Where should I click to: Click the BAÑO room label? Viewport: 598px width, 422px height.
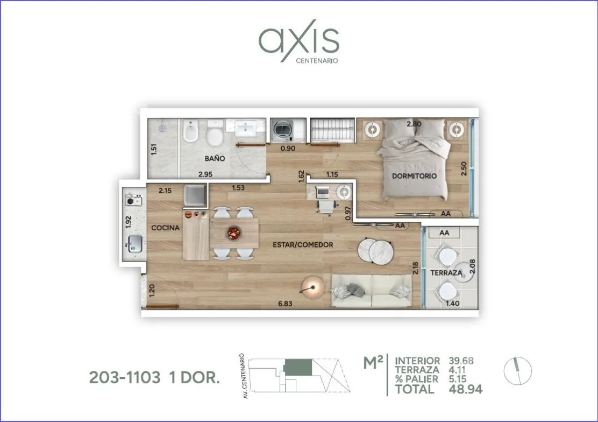tap(215, 158)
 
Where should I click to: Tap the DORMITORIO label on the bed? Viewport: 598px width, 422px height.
tap(414, 176)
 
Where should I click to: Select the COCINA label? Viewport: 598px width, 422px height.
tap(166, 228)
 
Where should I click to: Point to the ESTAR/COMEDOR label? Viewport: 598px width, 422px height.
tap(303, 245)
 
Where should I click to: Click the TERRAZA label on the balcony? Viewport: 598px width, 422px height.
tap(446, 273)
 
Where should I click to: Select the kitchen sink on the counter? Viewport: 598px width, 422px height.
tap(135, 244)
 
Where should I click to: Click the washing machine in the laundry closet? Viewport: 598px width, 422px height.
tap(283, 130)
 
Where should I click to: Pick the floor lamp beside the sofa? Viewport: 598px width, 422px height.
tap(313, 287)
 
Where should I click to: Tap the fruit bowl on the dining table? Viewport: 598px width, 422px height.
tap(234, 233)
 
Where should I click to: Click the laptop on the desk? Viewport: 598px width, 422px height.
tap(323, 192)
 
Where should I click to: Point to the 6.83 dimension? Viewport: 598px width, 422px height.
tap(285, 304)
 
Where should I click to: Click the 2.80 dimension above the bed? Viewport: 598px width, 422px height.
tap(414, 124)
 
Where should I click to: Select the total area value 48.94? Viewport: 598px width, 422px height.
tap(466, 390)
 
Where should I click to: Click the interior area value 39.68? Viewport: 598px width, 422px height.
tap(461, 361)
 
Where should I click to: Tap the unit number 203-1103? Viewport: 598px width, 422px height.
tap(125, 378)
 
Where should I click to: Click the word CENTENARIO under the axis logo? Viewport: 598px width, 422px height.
tap(317, 61)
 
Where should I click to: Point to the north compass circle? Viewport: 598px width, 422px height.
tap(517, 371)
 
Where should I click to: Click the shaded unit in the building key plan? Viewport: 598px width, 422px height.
tap(298, 368)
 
